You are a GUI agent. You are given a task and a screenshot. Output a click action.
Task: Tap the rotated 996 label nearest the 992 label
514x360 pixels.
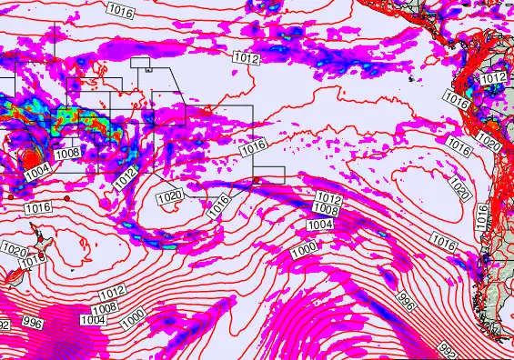407,300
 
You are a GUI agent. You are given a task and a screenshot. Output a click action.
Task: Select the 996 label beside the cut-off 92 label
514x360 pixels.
33,323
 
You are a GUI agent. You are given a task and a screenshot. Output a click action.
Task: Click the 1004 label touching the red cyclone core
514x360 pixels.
38,170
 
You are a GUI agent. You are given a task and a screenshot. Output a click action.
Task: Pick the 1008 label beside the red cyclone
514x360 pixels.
67,154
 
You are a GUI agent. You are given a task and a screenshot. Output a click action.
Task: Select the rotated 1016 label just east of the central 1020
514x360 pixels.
218,206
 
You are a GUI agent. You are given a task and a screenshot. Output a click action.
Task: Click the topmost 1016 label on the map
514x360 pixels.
119,9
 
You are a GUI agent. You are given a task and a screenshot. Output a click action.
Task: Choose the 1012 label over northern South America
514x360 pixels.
493,79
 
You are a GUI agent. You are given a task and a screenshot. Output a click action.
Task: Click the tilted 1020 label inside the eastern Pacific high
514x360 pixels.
459,189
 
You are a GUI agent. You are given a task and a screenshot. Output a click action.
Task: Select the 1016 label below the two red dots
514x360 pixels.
38,208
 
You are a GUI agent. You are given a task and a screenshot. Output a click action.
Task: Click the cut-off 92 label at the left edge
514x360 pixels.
5,325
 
